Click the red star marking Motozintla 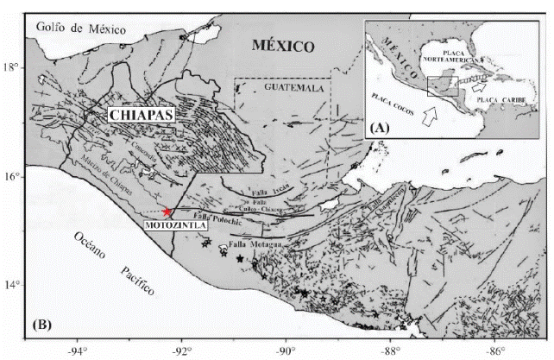(x=167, y=212)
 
